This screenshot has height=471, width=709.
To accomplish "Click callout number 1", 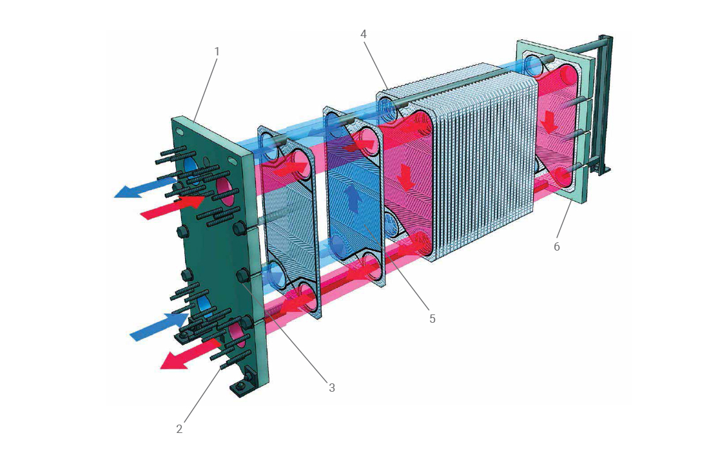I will coord(217,51).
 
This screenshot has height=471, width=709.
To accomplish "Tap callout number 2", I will coord(179,428).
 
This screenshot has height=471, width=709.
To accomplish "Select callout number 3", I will coord(332,388).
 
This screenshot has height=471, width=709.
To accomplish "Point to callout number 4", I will coord(364,34).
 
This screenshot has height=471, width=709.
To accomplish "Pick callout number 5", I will coord(432,318).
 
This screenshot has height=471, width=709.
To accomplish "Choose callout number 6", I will coord(557,246).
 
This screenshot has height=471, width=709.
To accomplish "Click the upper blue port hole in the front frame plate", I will coord(191,166).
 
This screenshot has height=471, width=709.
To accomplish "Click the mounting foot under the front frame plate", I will coord(242,385).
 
